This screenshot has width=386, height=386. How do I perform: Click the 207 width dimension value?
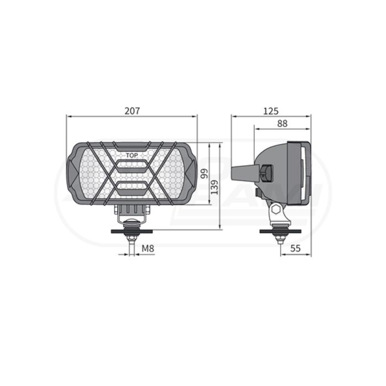[132, 111]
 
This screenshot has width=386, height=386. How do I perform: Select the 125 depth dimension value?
[271, 111]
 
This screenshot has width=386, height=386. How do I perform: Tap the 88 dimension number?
[282, 124]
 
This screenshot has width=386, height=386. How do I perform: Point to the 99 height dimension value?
[205, 174]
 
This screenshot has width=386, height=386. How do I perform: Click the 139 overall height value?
[215, 187]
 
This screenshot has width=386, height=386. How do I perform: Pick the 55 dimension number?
[296, 248]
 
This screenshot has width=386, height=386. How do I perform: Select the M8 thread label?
[148, 248]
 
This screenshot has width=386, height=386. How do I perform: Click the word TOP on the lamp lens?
[132, 156]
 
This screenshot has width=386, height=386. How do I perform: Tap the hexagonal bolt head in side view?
[276, 210]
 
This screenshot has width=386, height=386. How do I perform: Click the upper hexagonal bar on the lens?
[132, 166]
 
